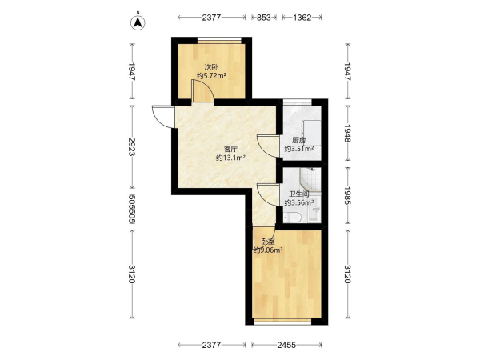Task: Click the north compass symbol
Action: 138,22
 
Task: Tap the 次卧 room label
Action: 211,67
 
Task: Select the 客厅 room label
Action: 231,149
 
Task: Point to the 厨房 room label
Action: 298,141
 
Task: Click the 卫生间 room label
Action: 299,194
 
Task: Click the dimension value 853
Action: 263,18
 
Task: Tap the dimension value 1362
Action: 302,18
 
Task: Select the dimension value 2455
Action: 286,345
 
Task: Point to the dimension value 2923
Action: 132,146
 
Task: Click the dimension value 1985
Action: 347,196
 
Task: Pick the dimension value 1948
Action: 347,133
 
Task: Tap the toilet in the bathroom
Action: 293,218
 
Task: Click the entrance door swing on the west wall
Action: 163,117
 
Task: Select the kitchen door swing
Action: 268,146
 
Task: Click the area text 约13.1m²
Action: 231,158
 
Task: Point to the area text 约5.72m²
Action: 211,76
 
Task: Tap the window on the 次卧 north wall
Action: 219,40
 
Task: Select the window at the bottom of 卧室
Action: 283,322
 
